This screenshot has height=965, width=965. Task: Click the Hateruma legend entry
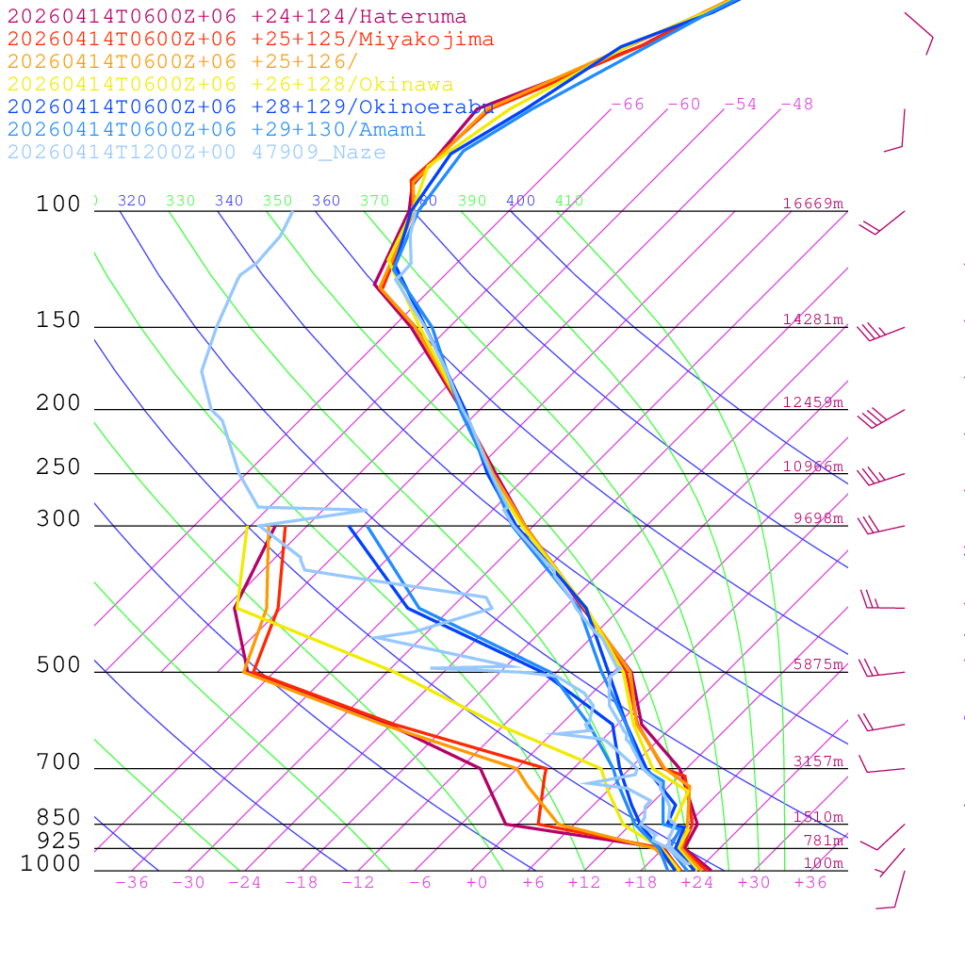coord(237,17)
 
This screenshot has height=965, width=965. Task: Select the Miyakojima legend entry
coord(251,40)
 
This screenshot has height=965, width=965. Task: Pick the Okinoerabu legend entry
coord(251,107)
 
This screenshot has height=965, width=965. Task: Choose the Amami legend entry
coord(217,130)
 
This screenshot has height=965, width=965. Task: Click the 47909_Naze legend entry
coord(197,153)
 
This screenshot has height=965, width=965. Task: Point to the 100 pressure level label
coord(58,204)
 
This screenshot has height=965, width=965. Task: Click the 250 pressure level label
coord(58,467)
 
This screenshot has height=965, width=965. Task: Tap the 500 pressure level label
coord(58,665)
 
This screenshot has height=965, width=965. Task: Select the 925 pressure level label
coord(58,841)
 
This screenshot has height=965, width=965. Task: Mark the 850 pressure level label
coord(58,818)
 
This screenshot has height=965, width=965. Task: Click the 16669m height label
coord(813,204)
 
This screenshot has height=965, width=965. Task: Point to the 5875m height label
coord(818,664)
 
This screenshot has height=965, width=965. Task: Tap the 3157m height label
coord(818,761)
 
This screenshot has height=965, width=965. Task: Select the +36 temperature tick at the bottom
coord(810,883)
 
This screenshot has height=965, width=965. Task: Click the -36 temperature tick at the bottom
coord(132,883)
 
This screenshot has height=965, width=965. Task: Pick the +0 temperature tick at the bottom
coord(477,883)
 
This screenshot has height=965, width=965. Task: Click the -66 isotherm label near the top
coord(628,105)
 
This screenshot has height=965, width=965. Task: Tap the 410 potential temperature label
coord(569,201)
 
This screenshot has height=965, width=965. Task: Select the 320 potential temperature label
coord(132,201)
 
